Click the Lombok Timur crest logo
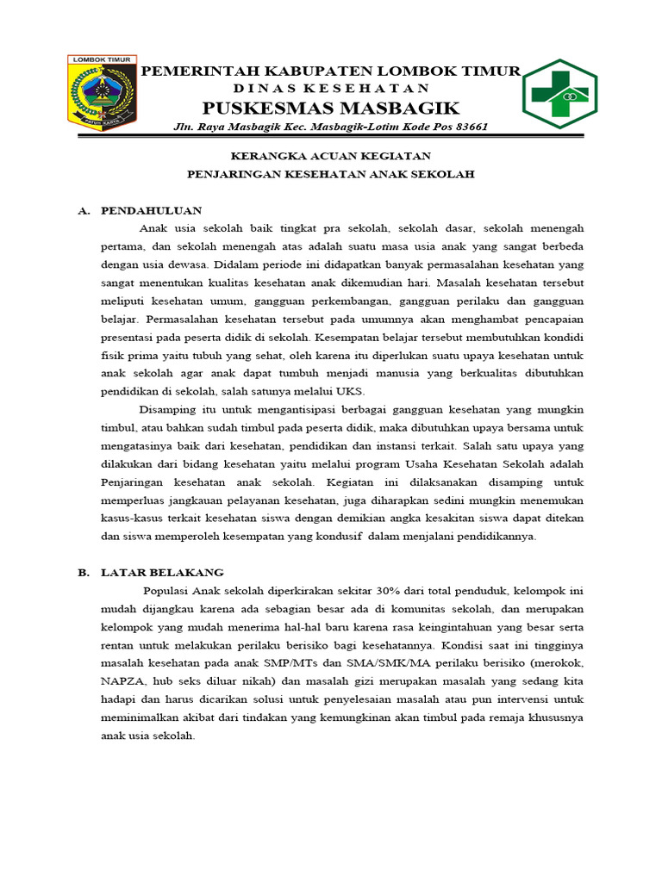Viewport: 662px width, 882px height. click(102, 92)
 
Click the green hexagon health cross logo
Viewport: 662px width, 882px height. click(559, 94)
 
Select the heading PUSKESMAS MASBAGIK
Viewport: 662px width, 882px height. click(331, 108)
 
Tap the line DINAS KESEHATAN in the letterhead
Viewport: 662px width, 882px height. click(331, 89)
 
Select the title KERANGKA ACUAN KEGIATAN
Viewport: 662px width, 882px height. click(331, 156)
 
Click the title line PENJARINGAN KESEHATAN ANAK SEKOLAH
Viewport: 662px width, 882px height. click(331, 174)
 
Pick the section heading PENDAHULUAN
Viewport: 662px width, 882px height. click(151, 209)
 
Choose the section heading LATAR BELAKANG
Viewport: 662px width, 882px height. click(162, 572)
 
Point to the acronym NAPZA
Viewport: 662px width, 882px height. click(121, 681)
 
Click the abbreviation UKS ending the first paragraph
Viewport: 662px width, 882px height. click(350, 391)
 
